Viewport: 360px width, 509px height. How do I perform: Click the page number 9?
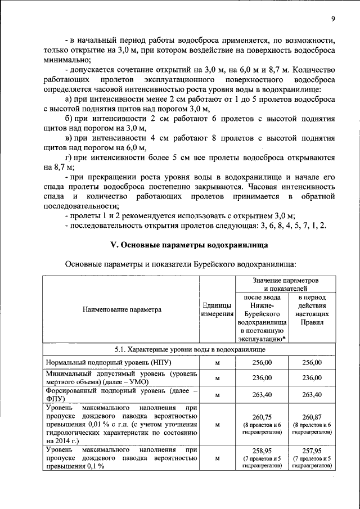tap(333, 19)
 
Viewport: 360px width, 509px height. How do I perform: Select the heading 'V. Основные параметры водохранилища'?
tap(188, 245)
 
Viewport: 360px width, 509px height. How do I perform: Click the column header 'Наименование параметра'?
tap(122, 309)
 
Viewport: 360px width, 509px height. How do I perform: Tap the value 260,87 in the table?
tap(311, 416)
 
